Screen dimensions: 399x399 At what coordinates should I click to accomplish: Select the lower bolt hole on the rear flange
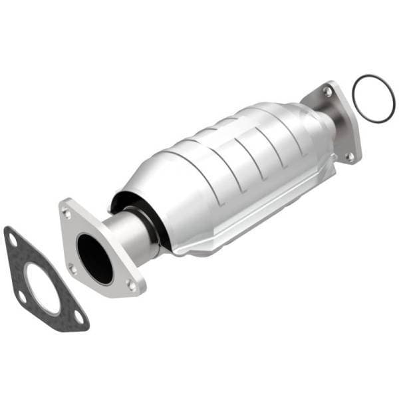[349, 156]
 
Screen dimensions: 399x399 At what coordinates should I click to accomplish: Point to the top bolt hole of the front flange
[66, 213]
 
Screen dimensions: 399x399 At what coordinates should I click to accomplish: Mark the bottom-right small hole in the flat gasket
[78, 319]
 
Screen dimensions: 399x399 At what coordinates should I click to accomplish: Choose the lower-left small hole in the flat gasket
[22, 297]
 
